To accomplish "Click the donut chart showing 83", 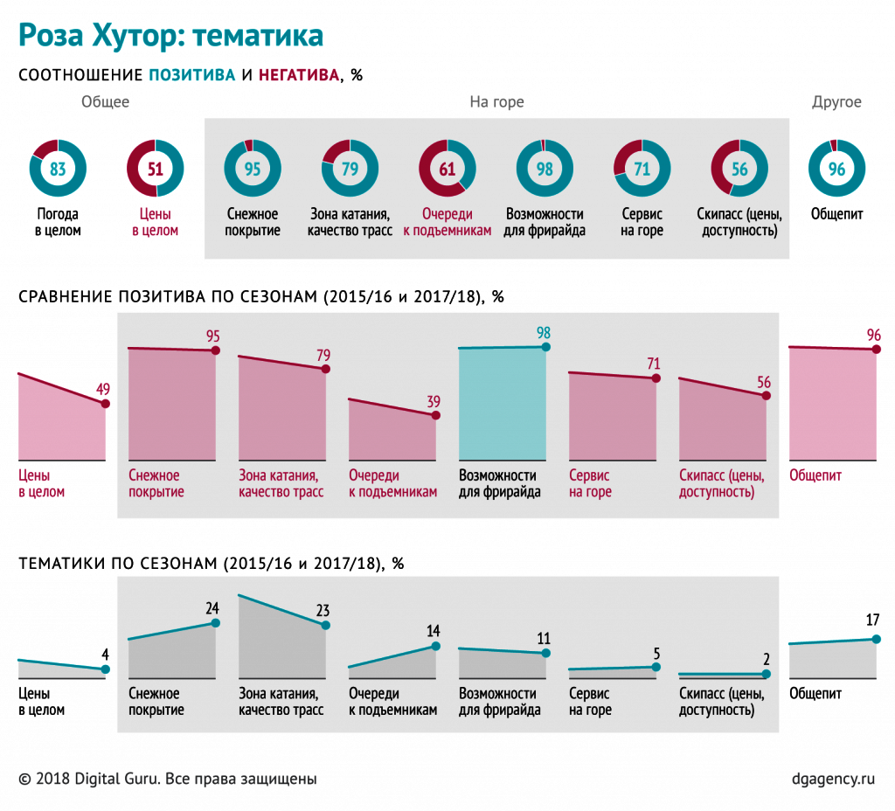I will (58, 169).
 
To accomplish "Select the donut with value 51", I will (155, 169).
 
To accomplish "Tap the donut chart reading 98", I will (545, 169).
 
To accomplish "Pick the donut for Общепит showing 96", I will (836, 169).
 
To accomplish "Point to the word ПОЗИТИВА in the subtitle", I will (192, 75).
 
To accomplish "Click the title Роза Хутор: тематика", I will (171, 35).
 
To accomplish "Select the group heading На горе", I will (496, 102).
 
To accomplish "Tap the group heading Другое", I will (836, 102).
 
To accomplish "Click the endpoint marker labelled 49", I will (106, 404).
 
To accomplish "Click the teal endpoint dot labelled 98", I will (546, 347).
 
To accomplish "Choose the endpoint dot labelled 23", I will (326, 625).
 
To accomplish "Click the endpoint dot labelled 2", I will (767, 674).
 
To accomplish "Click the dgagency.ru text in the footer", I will (831, 778).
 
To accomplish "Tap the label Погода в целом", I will (59, 223).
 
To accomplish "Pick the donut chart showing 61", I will (447, 169).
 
